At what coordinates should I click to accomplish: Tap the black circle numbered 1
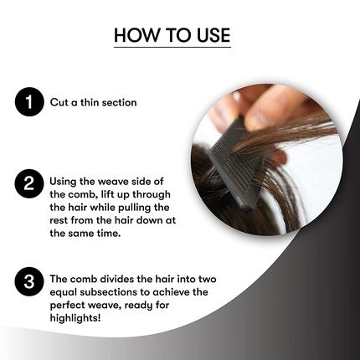coord(28,104)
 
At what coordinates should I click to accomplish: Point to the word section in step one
coord(118,104)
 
